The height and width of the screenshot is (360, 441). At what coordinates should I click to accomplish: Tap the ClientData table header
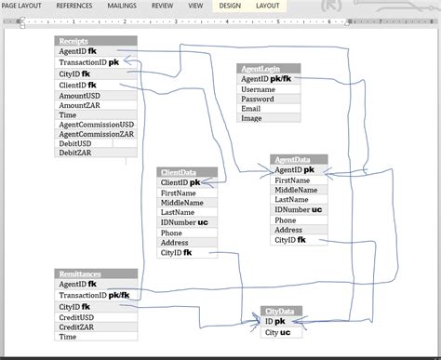(x=187, y=172)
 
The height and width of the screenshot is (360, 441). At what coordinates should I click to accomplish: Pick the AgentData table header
(x=299, y=160)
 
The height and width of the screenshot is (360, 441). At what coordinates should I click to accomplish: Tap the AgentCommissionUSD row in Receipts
(x=96, y=123)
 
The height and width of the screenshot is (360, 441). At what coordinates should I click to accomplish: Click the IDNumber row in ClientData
(x=187, y=222)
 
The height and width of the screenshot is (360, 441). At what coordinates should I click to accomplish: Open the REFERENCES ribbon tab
(x=74, y=6)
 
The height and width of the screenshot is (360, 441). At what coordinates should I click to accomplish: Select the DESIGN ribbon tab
(x=229, y=6)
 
